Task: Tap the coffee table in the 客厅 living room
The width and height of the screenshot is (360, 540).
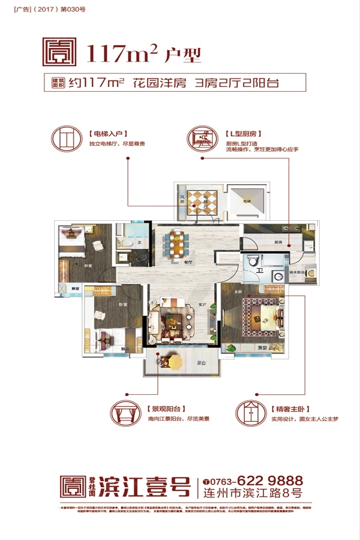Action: click(x=175, y=320)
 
